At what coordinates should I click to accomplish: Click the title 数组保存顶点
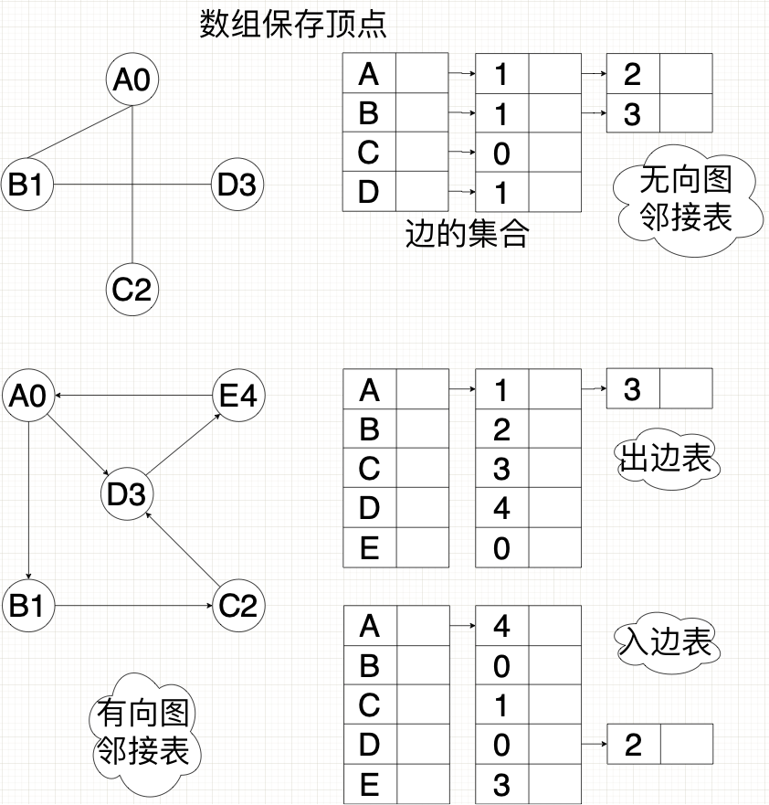293,25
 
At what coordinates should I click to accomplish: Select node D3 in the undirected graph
237,185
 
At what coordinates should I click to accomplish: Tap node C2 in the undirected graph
132,291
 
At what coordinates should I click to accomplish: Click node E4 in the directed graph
237,396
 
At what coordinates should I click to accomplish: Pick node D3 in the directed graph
127,495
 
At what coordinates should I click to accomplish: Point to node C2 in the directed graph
237,605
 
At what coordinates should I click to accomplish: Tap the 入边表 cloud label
665,641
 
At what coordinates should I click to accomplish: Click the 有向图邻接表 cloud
142,733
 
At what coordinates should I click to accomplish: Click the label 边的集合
467,235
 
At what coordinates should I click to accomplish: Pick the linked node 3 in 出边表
632,390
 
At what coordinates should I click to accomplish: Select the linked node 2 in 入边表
633,745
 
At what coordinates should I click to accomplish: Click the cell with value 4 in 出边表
501,508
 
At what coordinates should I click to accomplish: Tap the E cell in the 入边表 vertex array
369,784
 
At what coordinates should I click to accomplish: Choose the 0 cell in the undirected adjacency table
501,153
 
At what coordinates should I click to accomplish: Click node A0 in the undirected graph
132,80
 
